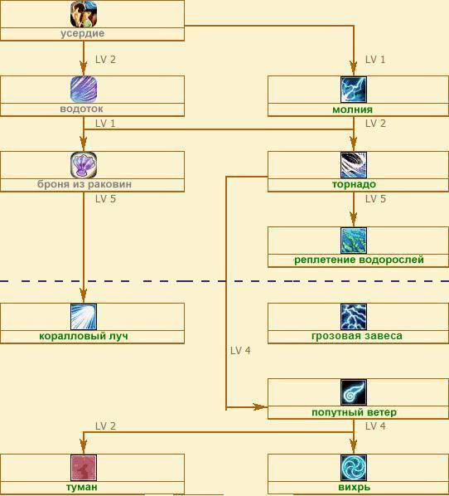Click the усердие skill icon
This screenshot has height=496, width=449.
tap(84, 14)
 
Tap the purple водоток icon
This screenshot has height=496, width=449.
tap(84, 90)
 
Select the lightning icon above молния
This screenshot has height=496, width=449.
tap(354, 90)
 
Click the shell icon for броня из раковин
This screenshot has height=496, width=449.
tap(84, 165)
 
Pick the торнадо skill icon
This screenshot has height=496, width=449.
tap(354, 165)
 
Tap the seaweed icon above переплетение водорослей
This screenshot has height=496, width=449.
tap(354, 241)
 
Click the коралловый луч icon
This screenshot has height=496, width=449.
tap(84, 317)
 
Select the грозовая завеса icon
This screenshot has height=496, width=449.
tap(354, 317)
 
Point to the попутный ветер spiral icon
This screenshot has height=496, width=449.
tap(354, 392)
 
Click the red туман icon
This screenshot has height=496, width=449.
tap(84, 468)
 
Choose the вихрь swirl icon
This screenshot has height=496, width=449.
tap(354, 468)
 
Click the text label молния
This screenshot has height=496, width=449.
tap(352, 109)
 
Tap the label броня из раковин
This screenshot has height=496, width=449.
tap(84, 184)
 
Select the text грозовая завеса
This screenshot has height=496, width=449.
tap(357, 336)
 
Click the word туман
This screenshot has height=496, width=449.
tap(81, 487)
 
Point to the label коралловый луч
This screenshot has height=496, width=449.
tap(84, 336)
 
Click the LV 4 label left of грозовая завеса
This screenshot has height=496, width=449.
tap(240, 351)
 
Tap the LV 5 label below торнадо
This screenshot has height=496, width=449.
tap(375, 199)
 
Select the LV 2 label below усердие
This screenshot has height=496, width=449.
tap(105, 60)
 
